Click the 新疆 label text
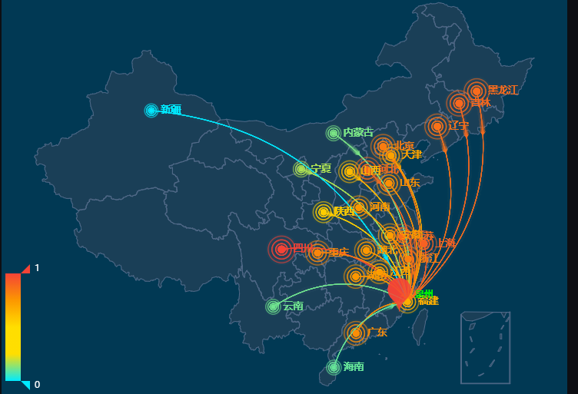tap(171, 110)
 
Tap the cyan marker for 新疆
tap(151, 111)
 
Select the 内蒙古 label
tap(358, 133)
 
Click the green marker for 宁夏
tap(301, 169)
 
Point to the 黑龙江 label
tap(503, 90)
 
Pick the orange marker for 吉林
tap(459, 103)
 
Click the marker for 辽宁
tap(437, 126)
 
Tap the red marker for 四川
tap(281, 249)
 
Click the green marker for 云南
tap(273, 307)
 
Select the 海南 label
tap(354, 366)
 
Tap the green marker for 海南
tap(334, 367)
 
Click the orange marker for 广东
tap(355, 333)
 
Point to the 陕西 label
tap(344, 211)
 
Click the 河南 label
tap(380, 207)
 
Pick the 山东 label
tap(410, 183)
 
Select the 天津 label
tap(412, 155)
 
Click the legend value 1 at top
tap(37, 268)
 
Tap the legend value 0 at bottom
tap(37, 384)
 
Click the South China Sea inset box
tap(485, 347)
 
